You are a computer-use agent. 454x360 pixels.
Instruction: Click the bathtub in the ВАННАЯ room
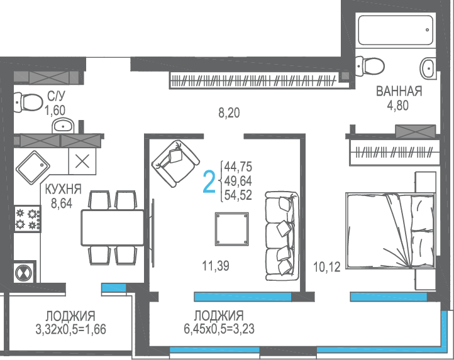pyautogui.click(x=396, y=30)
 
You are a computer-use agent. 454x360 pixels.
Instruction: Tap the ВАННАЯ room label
pyautogui.click(x=399, y=91)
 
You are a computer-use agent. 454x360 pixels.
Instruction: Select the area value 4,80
pyautogui.click(x=398, y=106)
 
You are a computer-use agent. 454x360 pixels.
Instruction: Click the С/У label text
pyautogui.click(x=56, y=95)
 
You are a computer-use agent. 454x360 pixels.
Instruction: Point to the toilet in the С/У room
pyautogui.click(x=28, y=102)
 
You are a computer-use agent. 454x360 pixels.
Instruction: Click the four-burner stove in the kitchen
pyautogui.click(x=28, y=219)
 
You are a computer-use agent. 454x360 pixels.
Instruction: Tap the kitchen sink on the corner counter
pyautogui.click(x=33, y=168)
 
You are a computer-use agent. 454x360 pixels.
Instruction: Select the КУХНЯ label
pyautogui.click(x=64, y=189)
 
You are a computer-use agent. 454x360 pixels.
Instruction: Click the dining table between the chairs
pyautogui.click(x=113, y=228)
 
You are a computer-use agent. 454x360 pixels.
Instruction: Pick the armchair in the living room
pyautogui.click(x=175, y=163)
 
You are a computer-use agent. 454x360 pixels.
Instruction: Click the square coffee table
pyautogui.click(x=231, y=229)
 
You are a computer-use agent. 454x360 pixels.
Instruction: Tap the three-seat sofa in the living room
pyautogui.click(x=282, y=236)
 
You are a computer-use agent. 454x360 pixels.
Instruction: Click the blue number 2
pyautogui.click(x=209, y=182)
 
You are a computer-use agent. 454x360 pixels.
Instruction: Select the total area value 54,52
pyautogui.click(x=238, y=195)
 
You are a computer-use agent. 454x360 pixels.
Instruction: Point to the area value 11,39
pyautogui.click(x=216, y=266)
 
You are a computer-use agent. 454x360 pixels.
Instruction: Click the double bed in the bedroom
pyautogui.click(x=390, y=231)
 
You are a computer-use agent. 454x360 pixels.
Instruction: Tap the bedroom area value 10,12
pyautogui.click(x=327, y=267)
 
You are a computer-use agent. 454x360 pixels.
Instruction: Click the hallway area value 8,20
pyautogui.click(x=229, y=113)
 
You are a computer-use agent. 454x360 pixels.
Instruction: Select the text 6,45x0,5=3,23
pyautogui.click(x=219, y=329)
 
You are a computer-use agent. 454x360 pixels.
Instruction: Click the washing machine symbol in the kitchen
pyautogui.click(x=24, y=273)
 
